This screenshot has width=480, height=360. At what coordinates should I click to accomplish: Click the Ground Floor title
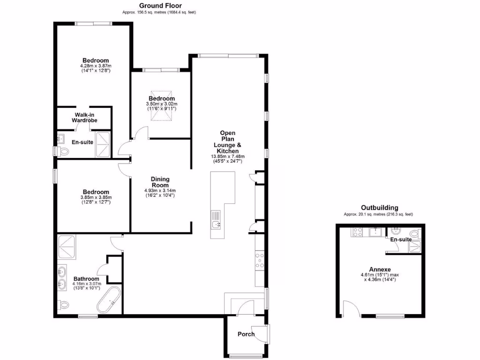158,6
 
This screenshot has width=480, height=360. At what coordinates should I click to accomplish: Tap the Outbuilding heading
379,208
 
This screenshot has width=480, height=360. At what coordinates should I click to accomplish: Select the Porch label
246,334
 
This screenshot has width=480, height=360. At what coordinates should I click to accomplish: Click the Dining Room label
160,182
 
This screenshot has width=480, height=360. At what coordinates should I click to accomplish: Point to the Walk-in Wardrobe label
84,118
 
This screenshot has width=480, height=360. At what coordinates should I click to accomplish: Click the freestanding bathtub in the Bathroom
108,300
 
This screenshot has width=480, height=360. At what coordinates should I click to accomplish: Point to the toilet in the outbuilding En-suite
414,234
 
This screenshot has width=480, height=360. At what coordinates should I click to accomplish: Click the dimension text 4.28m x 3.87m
96,66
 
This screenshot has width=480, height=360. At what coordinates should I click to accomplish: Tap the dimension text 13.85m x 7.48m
228,157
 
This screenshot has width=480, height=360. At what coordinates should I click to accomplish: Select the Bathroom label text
86,279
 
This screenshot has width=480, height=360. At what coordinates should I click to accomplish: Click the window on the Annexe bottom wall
390,316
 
